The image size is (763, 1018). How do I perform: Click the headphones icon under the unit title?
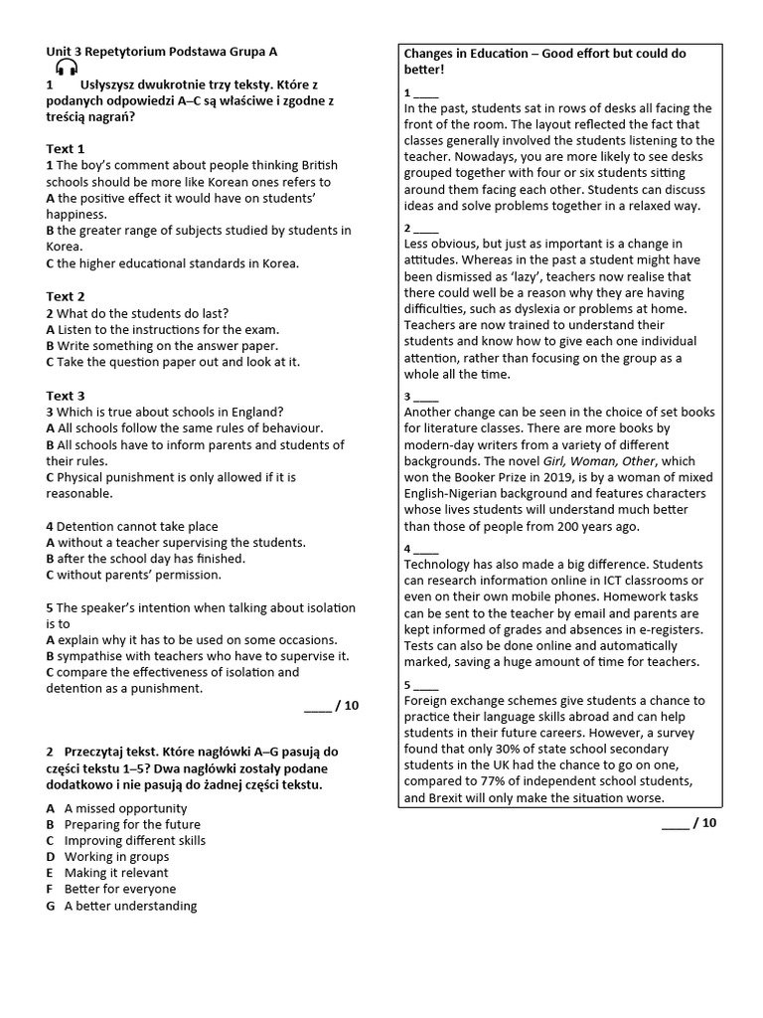point(67,68)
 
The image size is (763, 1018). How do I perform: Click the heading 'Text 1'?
point(66,149)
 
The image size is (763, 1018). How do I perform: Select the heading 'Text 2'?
point(66,296)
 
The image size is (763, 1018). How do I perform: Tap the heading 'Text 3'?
point(66,396)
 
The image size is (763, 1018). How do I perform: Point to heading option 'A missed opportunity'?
point(125,808)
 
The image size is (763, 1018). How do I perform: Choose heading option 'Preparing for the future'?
point(132,824)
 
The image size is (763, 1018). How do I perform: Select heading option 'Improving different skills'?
point(135,840)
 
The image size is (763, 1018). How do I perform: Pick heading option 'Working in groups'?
point(116,856)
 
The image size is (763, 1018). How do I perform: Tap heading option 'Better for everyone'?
point(119,889)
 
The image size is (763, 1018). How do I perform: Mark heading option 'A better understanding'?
point(130,906)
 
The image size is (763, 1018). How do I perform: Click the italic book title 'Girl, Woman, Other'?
point(603,461)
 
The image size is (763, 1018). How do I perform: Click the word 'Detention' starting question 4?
point(87,526)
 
